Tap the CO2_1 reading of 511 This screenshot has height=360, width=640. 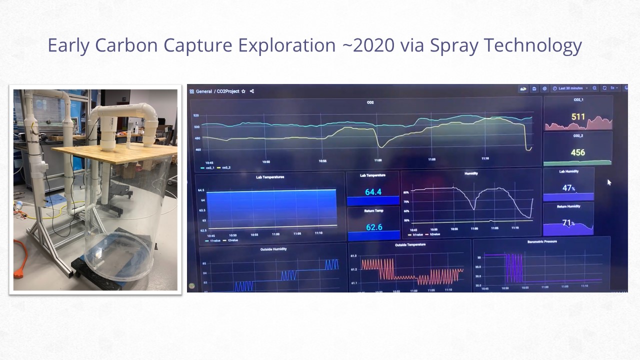(578, 117)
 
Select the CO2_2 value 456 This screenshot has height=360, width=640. (577, 152)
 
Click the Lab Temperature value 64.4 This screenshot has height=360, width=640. (373, 192)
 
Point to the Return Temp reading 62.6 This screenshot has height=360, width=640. (373, 227)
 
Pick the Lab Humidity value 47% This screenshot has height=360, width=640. (568, 188)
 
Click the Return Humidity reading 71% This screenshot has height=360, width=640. (568, 223)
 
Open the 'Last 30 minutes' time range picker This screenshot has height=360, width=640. (570, 88)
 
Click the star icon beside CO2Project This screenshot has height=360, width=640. (243, 91)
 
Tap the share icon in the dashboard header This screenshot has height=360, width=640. (252, 91)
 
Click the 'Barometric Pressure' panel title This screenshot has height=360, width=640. (541, 241)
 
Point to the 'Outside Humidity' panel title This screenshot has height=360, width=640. (273, 248)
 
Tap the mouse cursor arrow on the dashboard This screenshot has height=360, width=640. (609, 182)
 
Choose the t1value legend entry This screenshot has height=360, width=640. (214, 240)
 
